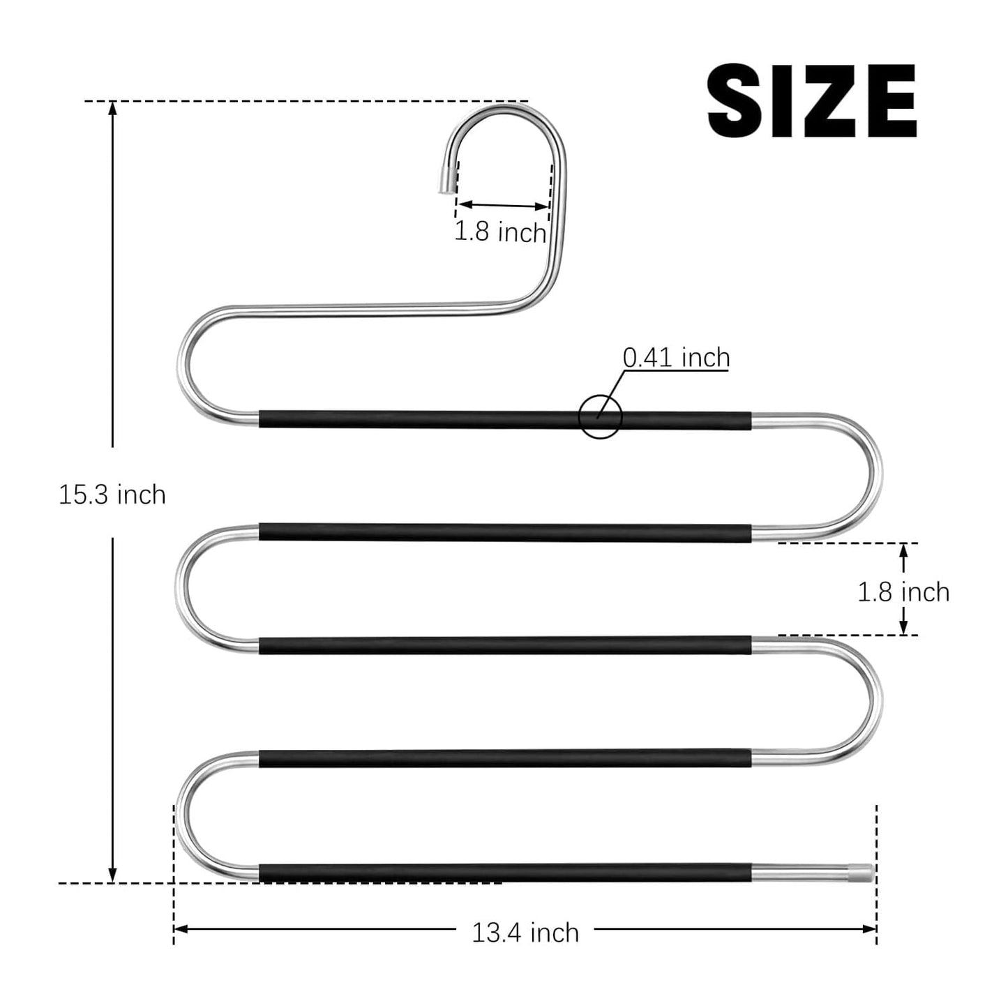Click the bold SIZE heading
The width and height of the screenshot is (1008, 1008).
pos(811,101)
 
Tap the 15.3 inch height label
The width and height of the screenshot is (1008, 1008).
pos(112,495)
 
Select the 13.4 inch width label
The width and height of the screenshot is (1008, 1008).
pos(525,933)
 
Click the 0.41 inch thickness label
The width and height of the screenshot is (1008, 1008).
pos(676,357)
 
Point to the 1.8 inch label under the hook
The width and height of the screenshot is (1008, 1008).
pos(500,232)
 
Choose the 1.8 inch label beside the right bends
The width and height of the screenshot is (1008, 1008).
pos(903,592)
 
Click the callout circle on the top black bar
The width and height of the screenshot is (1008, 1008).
pos(599,417)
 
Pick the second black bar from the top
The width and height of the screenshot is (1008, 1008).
pos(505,532)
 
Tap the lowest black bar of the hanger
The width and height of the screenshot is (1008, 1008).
pos(505,872)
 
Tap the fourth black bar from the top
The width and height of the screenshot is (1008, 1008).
pos(505,758)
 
